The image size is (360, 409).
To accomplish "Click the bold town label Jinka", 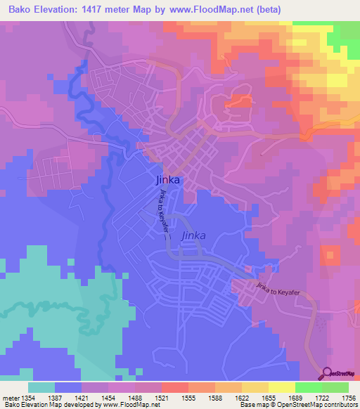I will tap(167, 180).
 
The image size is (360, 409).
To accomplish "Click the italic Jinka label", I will tap(194, 236).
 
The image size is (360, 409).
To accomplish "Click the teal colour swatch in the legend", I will tap(41, 387).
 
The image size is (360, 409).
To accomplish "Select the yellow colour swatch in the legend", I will tap(281, 387).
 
